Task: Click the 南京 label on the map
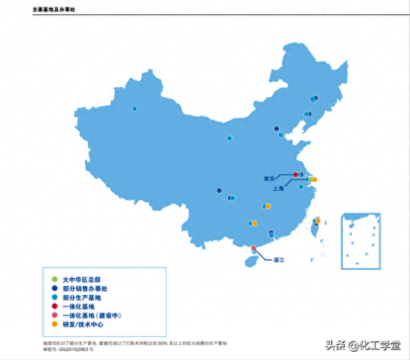tap(268, 177)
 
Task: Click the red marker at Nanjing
tap(295, 174)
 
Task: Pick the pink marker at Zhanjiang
tap(253, 248)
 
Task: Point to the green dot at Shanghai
tap(309, 179)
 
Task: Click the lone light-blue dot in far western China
tap(133, 107)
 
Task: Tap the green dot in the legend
tap(54, 280)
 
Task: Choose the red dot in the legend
tap(54, 307)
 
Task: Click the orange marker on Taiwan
tap(317, 221)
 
